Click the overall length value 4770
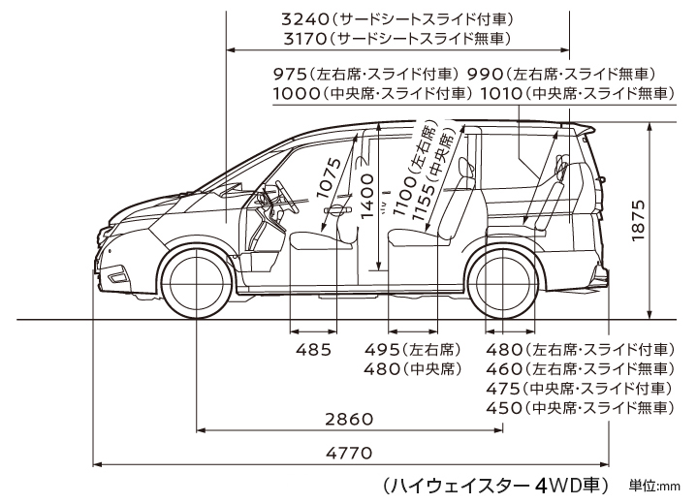coord(349,453)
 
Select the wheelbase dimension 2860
coord(349,419)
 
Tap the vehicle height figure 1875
coord(638,220)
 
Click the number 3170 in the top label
coord(305,39)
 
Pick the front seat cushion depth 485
coord(314,350)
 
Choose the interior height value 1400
coord(367,197)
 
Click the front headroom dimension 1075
coord(329,178)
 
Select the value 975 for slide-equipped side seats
coord(290,74)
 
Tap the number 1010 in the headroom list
coord(501,93)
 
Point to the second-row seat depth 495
coord(382,350)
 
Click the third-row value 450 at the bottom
coord(504,407)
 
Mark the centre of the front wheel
coord(197,283)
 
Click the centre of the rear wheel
coord(503,283)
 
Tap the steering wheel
coord(287,197)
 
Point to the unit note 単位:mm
coord(654,486)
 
